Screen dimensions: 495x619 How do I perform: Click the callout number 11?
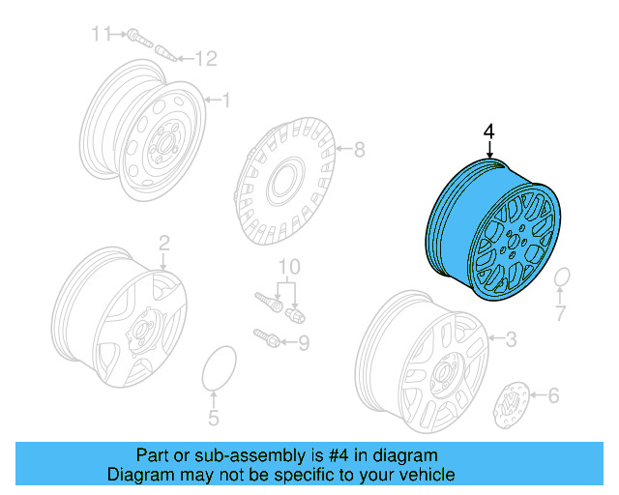point(102,35)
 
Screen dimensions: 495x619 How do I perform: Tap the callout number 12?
point(204,60)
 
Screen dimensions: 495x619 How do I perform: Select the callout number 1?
point(225,100)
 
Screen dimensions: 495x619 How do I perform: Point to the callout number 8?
point(359,150)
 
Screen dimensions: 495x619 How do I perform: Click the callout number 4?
point(488,131)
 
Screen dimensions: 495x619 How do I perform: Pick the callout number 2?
point(163,242)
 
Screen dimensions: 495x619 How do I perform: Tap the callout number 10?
point(289,267)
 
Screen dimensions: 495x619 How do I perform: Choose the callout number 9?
point(303,341)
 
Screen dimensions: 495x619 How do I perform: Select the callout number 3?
point(512,338)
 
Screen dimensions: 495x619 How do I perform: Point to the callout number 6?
point(552,394)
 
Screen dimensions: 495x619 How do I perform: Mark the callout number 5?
point(214,418)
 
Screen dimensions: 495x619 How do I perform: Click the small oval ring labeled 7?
point(562,279)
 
